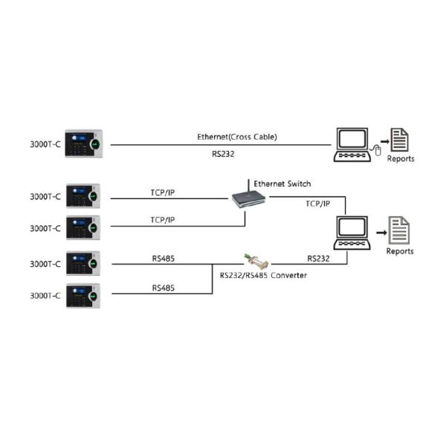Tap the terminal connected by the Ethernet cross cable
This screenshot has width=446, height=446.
click(83, 143)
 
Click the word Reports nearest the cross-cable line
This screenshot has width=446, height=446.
click(401, 159)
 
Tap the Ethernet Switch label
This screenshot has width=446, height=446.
click(282, 183)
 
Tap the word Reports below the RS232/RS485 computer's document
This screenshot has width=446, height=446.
click(400, 251)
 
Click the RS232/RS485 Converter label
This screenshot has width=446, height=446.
click(263, 275)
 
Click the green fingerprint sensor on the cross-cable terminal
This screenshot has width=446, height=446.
click(95, 142)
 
